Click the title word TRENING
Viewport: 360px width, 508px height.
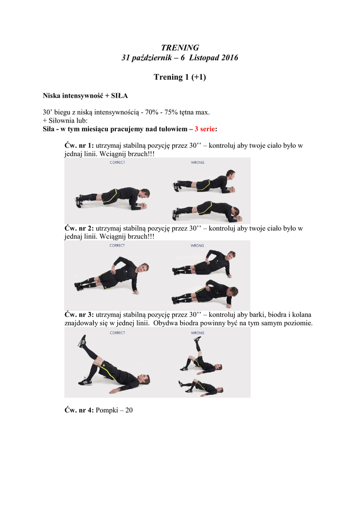click(180, 48)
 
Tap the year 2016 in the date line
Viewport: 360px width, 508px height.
click(229, 58)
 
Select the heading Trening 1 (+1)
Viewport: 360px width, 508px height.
click(180, 77)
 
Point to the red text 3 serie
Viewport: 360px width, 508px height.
click(205, 129)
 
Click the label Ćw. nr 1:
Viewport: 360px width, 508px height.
click(79, 145)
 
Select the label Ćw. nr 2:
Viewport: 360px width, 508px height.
click(79, 228)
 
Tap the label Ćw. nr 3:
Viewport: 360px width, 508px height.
click(79, 314)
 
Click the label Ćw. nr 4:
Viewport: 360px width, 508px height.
click(79, 410)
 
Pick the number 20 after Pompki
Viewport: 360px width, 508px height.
click(129, 410)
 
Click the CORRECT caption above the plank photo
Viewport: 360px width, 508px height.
click(117, 162)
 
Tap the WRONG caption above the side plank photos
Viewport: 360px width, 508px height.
click(197, 246)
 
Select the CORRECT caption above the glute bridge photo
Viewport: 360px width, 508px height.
click(117, 333)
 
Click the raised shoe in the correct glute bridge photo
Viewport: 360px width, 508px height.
click(82, 341)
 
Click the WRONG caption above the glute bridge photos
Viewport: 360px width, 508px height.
click(198, 333)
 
